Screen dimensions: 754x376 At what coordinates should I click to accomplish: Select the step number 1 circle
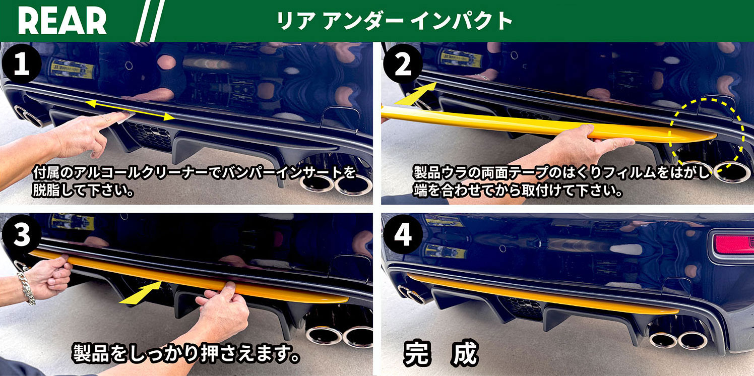[x=22, y=64]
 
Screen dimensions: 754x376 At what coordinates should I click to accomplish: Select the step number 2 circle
[x=403, y=64]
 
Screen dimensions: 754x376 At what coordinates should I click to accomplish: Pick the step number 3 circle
[x=22, y=234]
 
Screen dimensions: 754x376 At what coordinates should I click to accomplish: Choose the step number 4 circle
[x=403, y=234]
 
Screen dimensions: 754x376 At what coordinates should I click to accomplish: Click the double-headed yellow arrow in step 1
[x=130, y=110]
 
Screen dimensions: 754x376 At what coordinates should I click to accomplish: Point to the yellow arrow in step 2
[x=415, y=94]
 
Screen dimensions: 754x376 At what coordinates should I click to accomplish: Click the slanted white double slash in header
[x=150, y=21]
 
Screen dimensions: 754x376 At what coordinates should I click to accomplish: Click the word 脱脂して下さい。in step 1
[x=83, y=190]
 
